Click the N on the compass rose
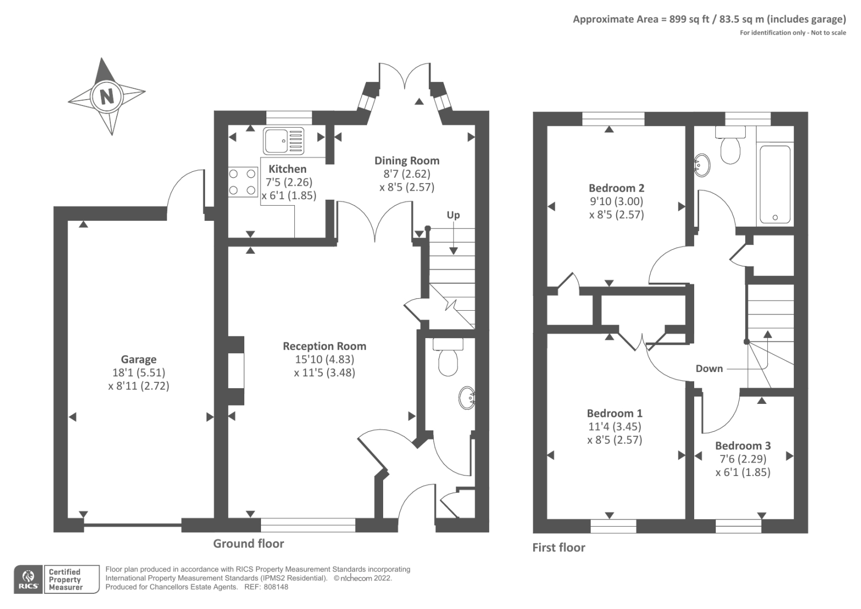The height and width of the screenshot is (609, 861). (107, 97)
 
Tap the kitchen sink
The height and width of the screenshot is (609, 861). (284, 141)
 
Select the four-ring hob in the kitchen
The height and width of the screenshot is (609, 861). (242, 182)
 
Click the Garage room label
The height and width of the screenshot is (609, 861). (138, 359)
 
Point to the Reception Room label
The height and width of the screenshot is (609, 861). (324, 346)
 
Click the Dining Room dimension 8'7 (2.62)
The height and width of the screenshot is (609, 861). (406, 174)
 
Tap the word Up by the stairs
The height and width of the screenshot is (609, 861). (453, 215)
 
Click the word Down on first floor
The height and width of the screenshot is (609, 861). (709, 369)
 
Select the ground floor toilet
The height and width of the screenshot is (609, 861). (448, 358)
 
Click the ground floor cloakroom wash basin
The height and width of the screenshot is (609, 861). (467, 398)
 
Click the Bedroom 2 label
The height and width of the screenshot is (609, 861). (616, 188)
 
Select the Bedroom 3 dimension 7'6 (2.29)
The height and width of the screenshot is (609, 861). (743, 459)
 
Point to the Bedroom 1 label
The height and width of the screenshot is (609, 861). (614, 413)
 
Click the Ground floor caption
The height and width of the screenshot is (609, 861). (248, 543)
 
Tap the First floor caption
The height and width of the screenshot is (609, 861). (558, 548)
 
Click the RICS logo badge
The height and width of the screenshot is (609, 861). (28, 579)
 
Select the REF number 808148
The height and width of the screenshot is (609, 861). (276, 587)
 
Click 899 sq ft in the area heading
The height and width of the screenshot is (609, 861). (689, 19)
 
